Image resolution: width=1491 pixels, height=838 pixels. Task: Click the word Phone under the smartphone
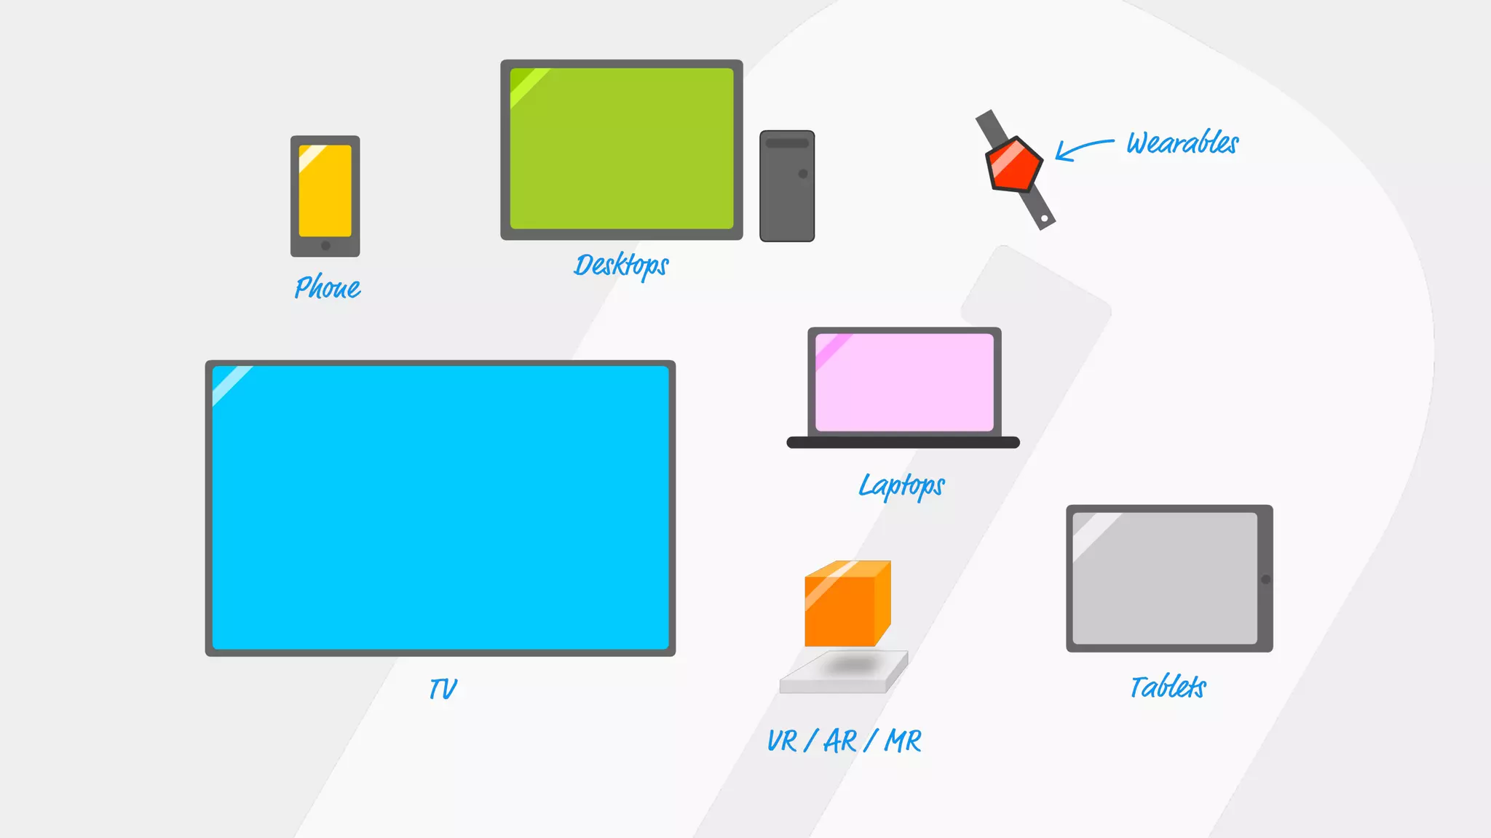click(x=328, y=287)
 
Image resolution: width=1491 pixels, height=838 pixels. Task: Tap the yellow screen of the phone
click(x=325, y=191)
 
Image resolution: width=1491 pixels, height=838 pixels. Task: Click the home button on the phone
click(x=325, y=246)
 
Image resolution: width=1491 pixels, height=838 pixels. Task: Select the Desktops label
click(x=621, y=266)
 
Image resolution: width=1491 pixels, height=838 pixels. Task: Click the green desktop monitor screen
click(x=622, y=149)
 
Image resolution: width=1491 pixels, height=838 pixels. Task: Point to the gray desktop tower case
click(x=787, y=196)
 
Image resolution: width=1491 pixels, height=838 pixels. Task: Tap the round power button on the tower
click(x=803, y=174)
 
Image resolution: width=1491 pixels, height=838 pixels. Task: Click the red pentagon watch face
click(x=1013, y=164)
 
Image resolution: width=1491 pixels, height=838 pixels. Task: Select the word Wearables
click(x=1182, y=143)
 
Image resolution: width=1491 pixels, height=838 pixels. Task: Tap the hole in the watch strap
click(x=1044, y=218)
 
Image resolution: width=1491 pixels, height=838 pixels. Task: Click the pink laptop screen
click(x=904, y=382)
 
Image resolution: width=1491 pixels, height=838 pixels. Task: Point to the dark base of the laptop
click(x=903, y=442)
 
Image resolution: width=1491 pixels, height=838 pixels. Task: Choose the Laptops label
click(x=901, y=486)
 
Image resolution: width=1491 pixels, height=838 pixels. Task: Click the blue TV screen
click(x=440, y=508)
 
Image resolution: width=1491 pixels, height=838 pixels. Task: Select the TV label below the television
click(x=443, y=688)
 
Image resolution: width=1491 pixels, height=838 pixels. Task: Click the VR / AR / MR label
click(x=845, y=741)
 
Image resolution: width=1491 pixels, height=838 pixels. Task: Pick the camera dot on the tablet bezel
click(x=1266, y=580)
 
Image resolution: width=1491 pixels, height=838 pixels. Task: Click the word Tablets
click(x=1168, y=687)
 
